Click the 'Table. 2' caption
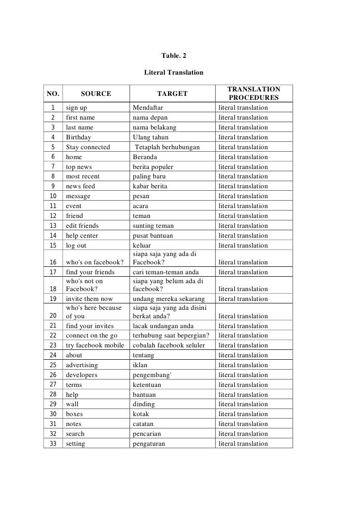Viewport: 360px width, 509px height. click(174, 55)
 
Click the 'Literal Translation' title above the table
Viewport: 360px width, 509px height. click(174, 73)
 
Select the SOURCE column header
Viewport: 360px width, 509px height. click(96, 93)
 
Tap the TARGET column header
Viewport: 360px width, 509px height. click(172, 93)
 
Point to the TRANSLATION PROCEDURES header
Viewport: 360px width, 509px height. click(254, 93)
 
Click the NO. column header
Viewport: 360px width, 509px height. click(53, 93)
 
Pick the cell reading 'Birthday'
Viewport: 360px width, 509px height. click(79, 137)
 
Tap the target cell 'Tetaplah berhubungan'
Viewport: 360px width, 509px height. click(167, 147)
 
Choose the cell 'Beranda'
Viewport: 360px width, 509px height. click(145, 157)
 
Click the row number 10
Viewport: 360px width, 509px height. click(52, 196)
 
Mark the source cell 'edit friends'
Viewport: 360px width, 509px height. click(83, 226)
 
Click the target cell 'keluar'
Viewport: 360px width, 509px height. click(142, 246)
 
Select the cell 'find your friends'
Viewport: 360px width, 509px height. click(90, 272)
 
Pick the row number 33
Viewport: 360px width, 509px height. click(52, 444)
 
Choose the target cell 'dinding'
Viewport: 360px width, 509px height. click(144, 404)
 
